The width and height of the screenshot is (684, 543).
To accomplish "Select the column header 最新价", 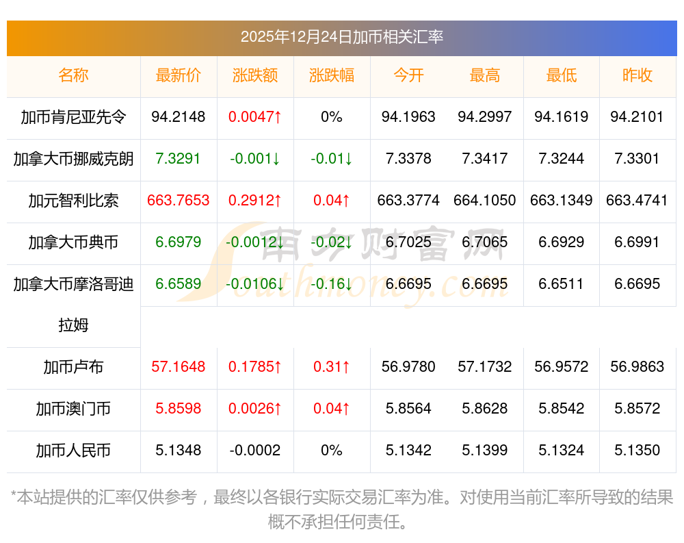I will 179,75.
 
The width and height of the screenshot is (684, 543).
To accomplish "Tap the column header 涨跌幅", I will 332,75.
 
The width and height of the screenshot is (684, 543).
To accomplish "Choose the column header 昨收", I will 637,75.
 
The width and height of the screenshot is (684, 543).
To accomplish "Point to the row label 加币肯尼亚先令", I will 73,117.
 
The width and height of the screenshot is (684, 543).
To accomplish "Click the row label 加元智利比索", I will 73,201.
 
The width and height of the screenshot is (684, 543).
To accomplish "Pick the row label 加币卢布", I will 73,367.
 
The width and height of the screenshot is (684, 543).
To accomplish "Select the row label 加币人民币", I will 73,451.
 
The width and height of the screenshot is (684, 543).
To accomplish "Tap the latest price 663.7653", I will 179,201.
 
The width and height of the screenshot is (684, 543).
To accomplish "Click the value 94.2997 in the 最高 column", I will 485,117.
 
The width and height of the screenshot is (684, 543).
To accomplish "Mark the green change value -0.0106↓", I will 255,284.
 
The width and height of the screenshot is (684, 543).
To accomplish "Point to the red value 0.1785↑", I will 255,367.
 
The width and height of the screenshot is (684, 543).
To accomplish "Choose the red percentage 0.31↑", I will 332,367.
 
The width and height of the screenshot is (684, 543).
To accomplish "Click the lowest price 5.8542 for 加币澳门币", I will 562,409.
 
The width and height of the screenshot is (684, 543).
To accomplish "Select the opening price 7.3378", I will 408,159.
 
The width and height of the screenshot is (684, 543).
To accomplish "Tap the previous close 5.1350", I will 637,451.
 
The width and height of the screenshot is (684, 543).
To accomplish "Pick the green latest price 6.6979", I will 179,242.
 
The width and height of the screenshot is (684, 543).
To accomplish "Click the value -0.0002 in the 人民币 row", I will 255,451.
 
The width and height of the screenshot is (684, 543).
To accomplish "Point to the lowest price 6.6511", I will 562,284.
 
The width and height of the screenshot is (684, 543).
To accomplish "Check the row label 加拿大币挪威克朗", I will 73,159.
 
